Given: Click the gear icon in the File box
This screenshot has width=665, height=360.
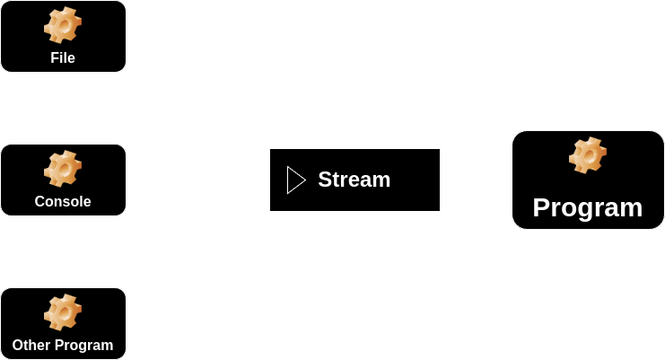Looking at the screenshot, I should pos(63,25).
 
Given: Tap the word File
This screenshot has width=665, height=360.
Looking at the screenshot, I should pos(63,58).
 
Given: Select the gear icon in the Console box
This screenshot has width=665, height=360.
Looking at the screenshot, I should pos(63,169).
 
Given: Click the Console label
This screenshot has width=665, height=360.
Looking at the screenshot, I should pos(63,202).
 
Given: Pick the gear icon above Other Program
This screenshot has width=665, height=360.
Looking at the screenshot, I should pos(63,312).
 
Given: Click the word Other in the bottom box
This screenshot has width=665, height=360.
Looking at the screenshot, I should pos(31,346).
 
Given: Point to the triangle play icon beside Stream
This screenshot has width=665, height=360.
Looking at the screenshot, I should pos(295,180).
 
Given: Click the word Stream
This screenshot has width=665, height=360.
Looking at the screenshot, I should pos(354,180).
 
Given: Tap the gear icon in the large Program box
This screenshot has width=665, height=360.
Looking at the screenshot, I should pos(588,155).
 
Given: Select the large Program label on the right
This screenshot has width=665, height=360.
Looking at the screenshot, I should pos(588,207).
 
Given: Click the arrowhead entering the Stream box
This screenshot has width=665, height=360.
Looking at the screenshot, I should pos(263,180).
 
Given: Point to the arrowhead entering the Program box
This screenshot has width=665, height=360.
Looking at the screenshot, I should pos(505,180).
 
